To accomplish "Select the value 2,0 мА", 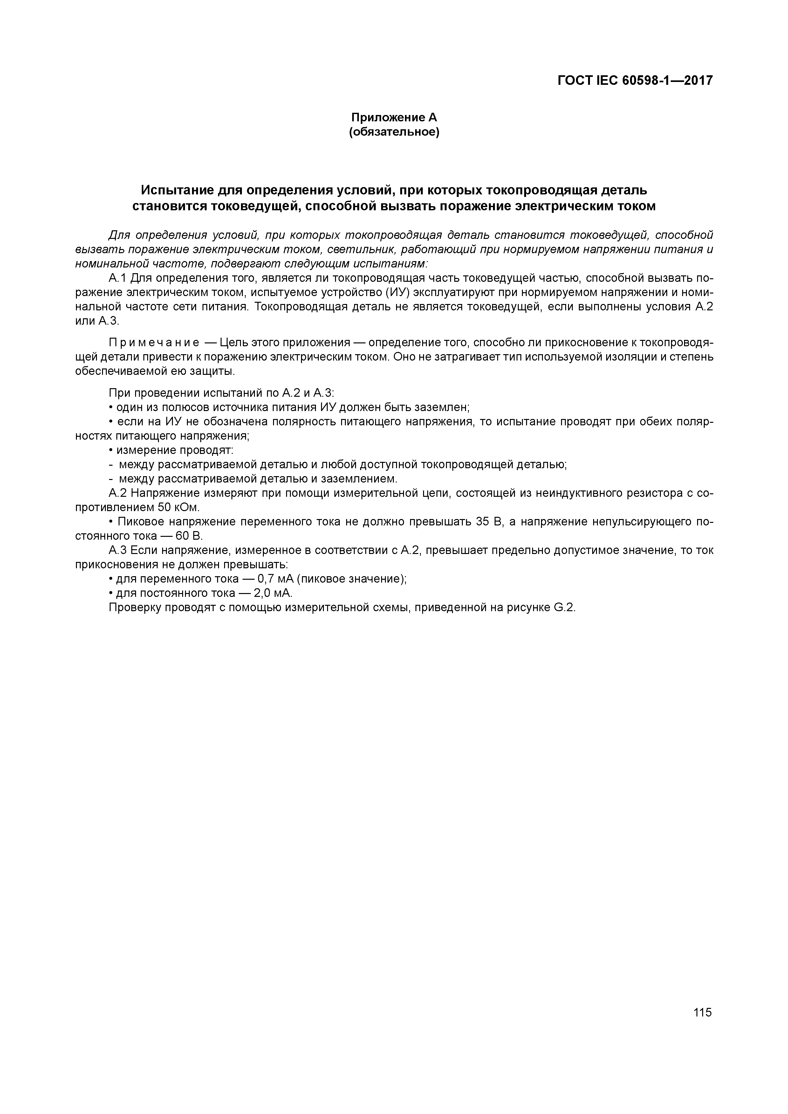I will (273, 593).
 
